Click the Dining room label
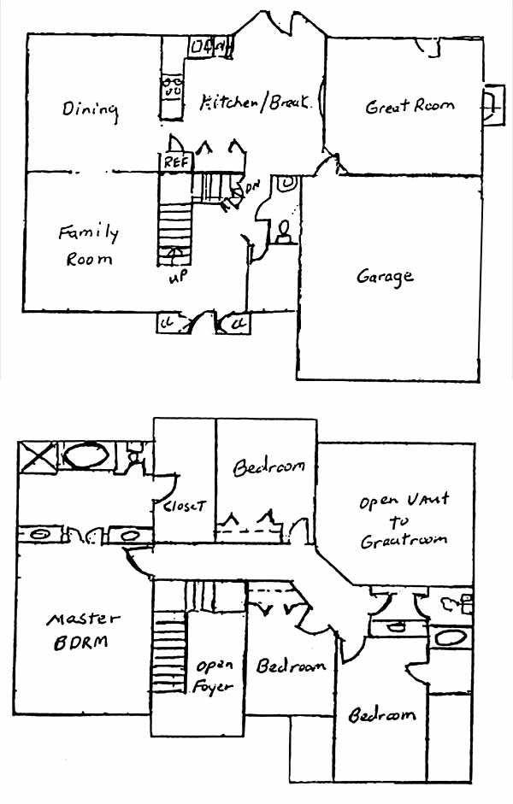click(90, 110)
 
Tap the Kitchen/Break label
click(254, 103)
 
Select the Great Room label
click(410, 107)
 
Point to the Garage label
click(385, 277)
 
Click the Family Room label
click(88, 244)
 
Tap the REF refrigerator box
click(176, 161)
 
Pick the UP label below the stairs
click(176, 279)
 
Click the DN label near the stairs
click(253, 186)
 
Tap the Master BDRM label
click(83, 630)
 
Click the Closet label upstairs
click(183, 506)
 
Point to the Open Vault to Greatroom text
click(404, 520)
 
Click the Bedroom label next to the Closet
click(269, 468)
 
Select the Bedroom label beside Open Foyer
click(291, 666)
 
